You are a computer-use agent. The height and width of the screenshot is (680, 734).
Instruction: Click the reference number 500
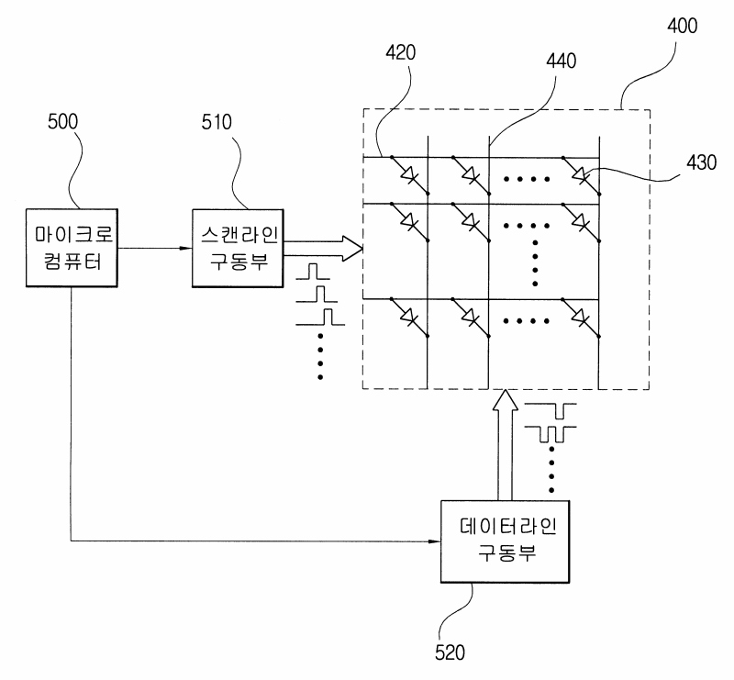click(62, 122)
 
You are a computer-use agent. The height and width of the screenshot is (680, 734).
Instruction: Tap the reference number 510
click(217, 122)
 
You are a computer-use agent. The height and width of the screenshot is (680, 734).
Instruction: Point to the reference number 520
click(450, 652)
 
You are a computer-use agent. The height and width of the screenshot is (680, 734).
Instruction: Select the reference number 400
click(682, 26)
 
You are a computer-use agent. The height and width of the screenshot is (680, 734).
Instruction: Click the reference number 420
click(401, 52)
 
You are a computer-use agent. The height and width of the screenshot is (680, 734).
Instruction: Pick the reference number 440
click(562, 61)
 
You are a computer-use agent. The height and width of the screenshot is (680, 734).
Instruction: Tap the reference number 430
click(702, 162)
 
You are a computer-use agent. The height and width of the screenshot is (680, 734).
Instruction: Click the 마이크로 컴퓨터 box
click(72, 248)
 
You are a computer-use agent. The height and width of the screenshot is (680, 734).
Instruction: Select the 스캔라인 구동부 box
click(238, 248)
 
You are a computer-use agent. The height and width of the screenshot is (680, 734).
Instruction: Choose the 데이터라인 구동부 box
click(506, 541)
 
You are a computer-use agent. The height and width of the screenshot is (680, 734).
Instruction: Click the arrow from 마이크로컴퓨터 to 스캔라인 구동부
click(154, 248)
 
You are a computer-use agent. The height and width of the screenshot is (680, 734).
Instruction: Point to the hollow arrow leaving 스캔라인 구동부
click(323, 248)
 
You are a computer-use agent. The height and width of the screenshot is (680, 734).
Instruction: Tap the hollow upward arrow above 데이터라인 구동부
click(505, 445)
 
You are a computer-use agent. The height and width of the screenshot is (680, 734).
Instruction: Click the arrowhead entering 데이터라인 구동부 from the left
click(434, 541)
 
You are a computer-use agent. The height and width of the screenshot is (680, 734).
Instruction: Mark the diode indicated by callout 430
click(581, 175)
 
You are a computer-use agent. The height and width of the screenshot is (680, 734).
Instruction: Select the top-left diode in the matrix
click(409, 175)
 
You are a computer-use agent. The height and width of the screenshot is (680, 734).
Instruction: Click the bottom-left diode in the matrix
click(409, 318)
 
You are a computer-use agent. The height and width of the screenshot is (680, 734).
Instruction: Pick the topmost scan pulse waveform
click(313, 272)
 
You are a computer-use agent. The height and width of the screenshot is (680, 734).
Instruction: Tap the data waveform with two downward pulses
click(550, 434)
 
